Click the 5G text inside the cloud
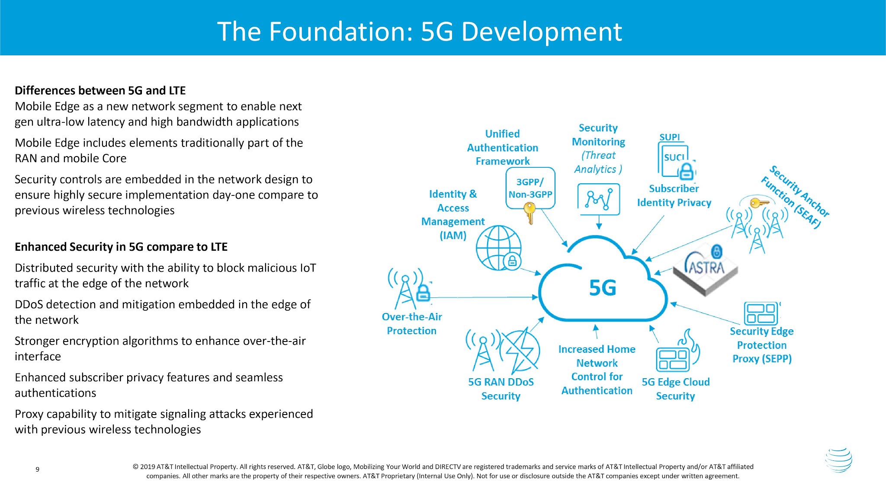click(602, 288)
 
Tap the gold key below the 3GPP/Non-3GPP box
click(530, 213)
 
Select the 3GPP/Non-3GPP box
click(530, 188)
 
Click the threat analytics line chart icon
click(599, 199)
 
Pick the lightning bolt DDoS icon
click(521, 350)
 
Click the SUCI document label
click(674, 157)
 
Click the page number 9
click(38, 469)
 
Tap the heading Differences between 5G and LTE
click(100, 90)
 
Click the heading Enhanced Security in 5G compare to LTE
click(121, 247)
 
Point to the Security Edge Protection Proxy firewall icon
click(761, 313)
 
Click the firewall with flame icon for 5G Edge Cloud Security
click(677, 352)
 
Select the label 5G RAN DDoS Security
click(501, 389)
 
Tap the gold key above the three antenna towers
click(758, 202)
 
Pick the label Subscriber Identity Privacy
click(674, 195)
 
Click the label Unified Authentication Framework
click(503, 147)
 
